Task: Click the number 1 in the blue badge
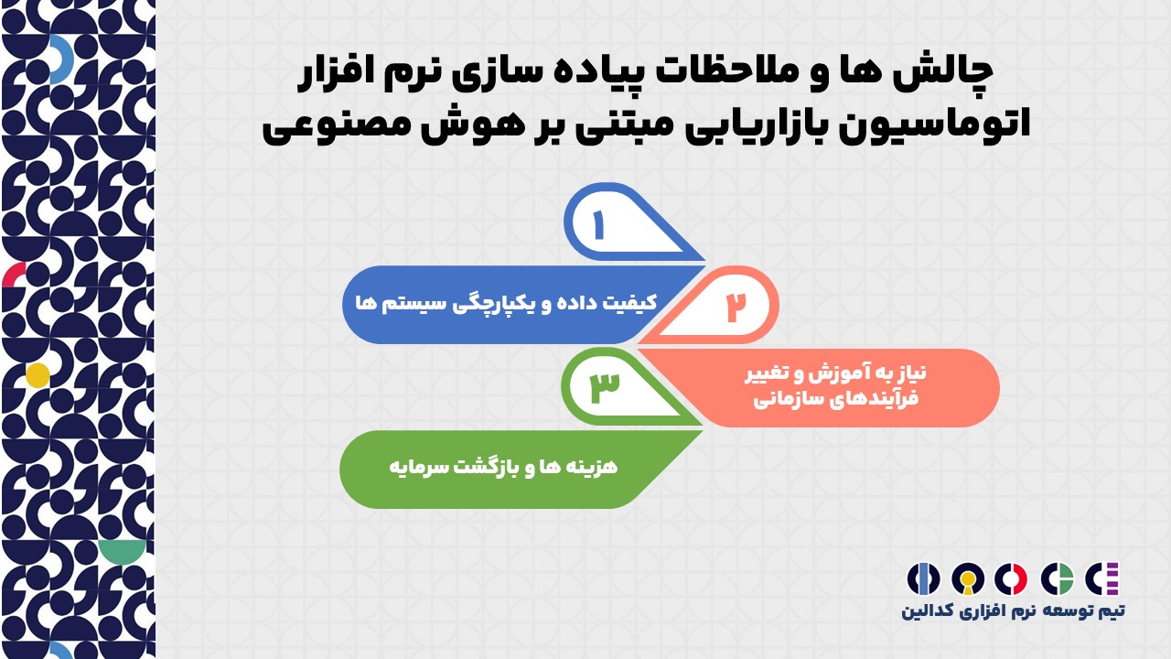pos(599,225)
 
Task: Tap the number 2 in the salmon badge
pos(736,307)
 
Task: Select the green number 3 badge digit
pos(605,387)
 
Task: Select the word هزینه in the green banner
pos(594,467)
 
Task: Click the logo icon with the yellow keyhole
pos(968,579)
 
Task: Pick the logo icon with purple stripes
pos(1102,579)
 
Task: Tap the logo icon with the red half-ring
pos(1011,579)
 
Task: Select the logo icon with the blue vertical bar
pos(923,579)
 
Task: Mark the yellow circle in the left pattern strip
pos(38,375)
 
